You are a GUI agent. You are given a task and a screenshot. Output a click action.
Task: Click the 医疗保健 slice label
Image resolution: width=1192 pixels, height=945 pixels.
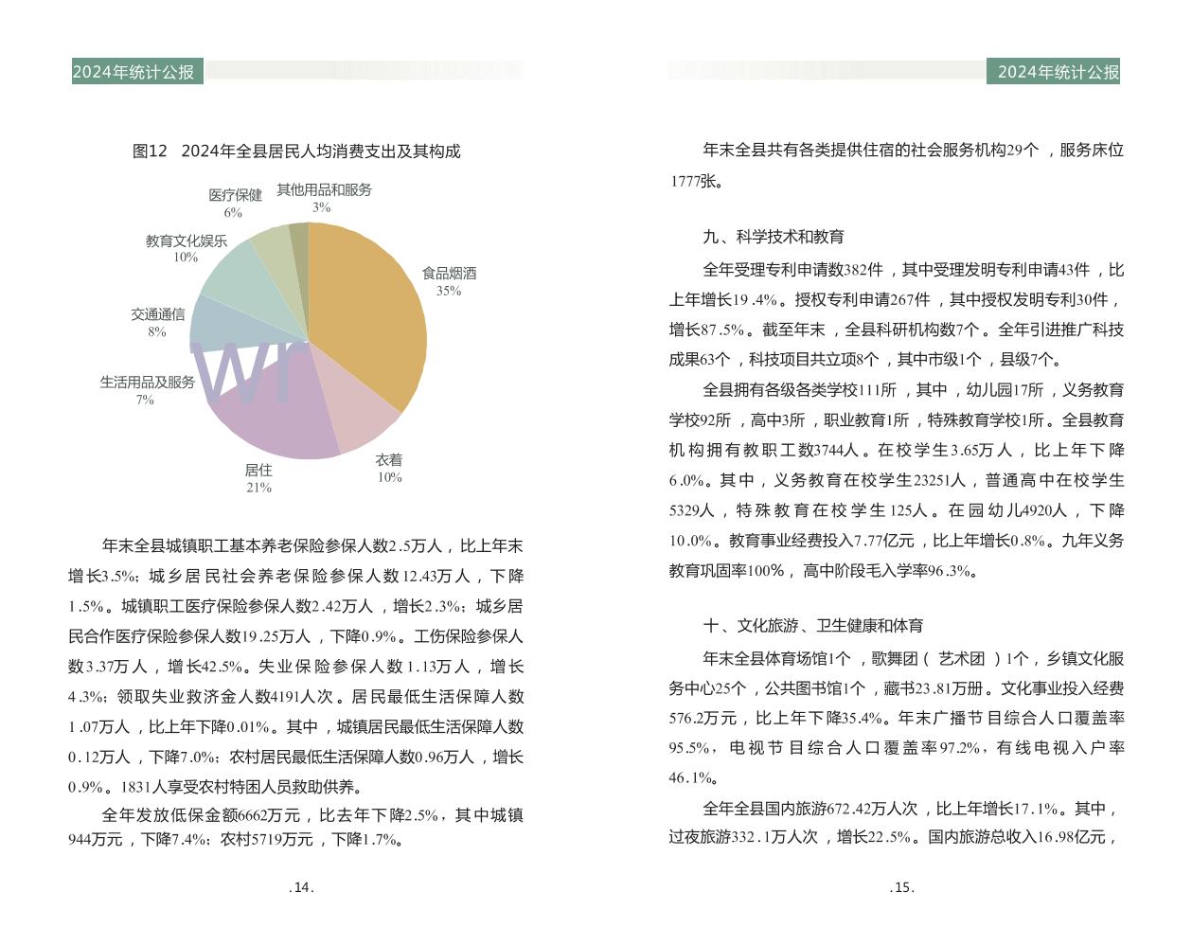point(235,195)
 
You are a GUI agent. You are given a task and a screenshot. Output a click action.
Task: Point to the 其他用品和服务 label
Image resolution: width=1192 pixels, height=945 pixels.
point(324,190)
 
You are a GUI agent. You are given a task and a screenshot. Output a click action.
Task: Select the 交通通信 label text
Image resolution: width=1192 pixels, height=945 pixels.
point(157,314)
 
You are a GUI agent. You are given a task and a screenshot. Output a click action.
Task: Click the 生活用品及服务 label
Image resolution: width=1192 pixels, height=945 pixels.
point(147,383)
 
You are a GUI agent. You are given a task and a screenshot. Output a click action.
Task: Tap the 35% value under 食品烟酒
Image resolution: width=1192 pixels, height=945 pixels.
point(449,291)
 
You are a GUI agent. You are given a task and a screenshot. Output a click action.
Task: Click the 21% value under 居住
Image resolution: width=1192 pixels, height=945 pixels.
point(258,488)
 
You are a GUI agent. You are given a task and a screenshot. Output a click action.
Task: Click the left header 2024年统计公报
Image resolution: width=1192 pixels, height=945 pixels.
point(133,72)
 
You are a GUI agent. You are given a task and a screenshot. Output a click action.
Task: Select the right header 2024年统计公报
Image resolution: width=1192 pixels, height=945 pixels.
point(1058,72)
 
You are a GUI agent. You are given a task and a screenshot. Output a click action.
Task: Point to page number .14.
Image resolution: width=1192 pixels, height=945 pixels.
point(301,888)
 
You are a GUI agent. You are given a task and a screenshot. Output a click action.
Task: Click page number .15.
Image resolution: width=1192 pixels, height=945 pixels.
point(902,888)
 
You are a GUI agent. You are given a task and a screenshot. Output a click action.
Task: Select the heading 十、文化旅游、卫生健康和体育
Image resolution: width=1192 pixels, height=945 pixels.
point(813,626)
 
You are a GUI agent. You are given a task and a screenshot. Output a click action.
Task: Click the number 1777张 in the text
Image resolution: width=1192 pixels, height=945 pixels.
point(695,181)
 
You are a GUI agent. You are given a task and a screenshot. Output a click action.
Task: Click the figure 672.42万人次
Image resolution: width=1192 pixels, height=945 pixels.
point(872,809)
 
